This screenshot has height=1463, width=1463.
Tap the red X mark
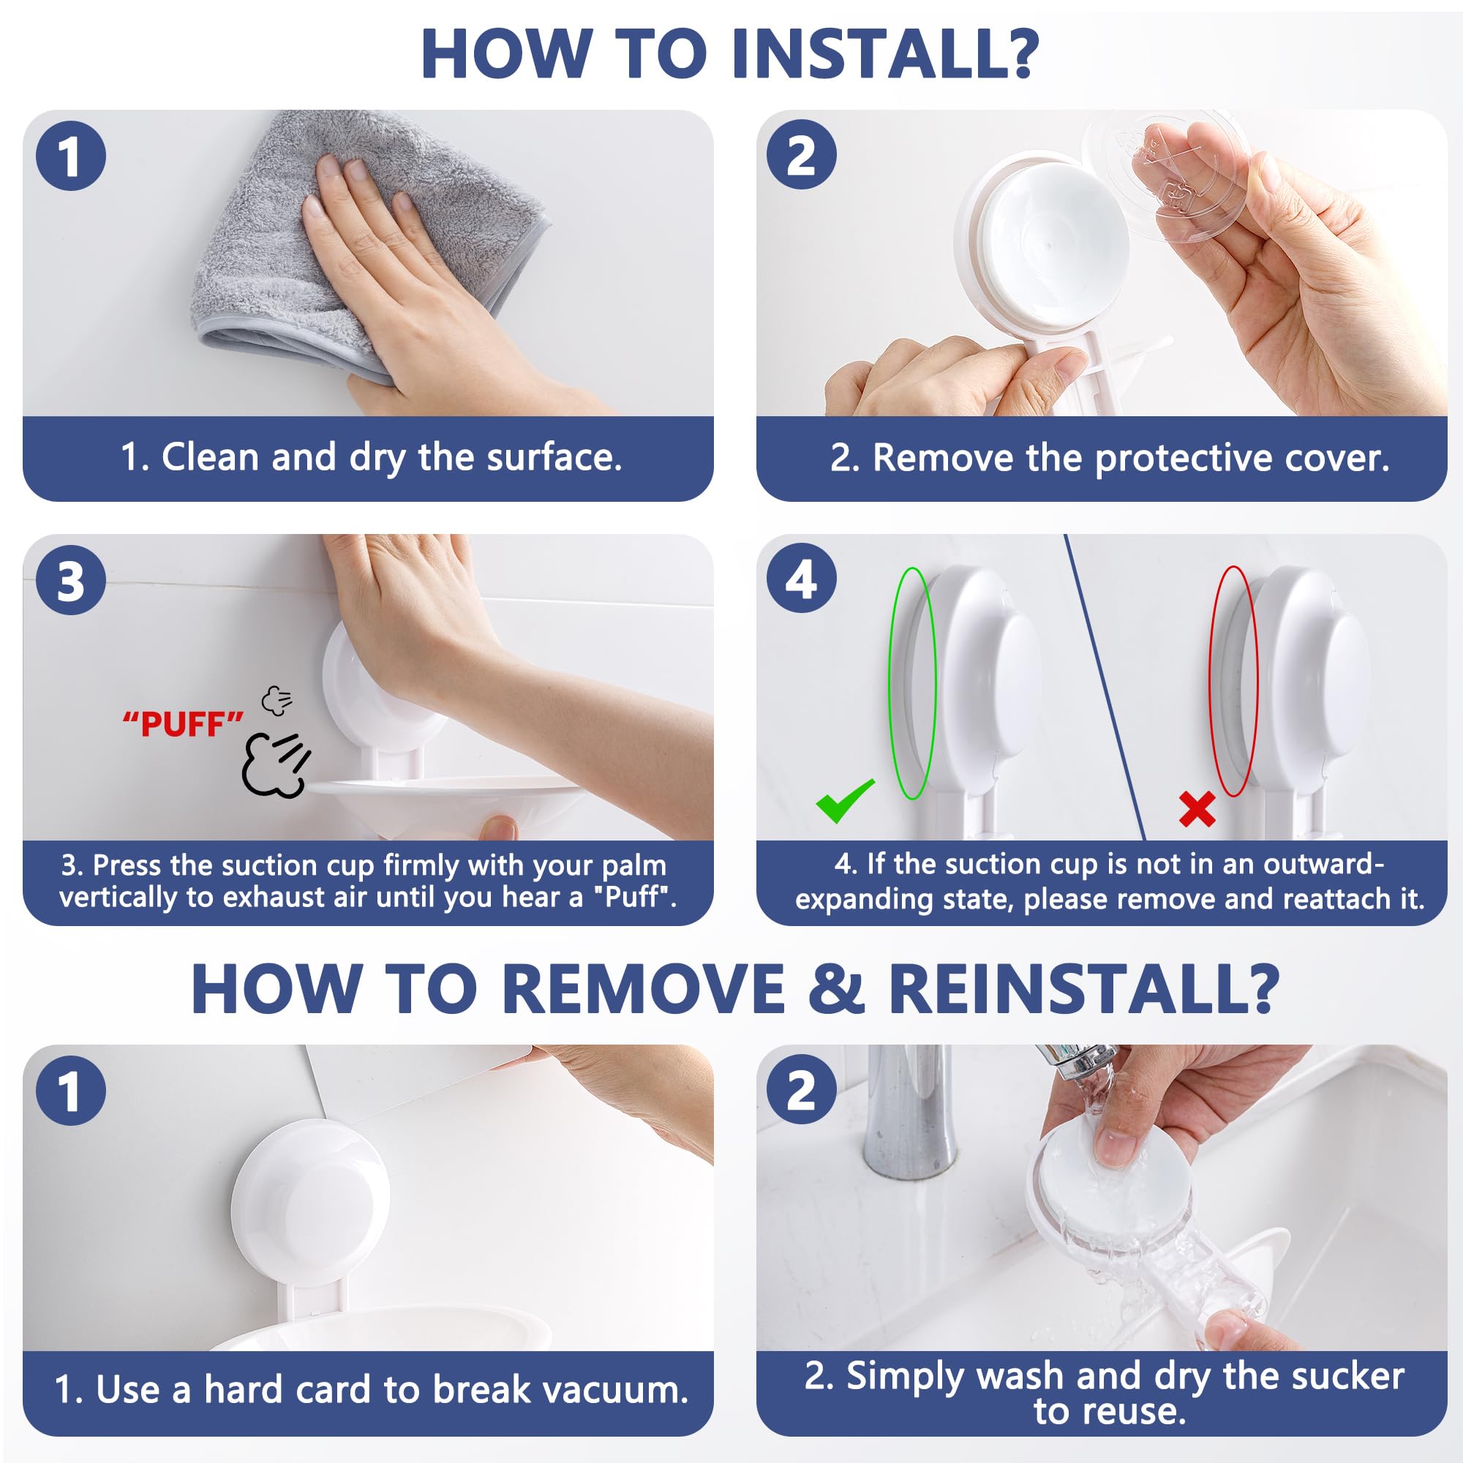[1197, 808]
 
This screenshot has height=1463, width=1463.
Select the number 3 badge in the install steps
[70, 580]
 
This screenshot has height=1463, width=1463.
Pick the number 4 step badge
[801, 579]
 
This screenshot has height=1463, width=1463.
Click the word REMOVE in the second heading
[642, 989]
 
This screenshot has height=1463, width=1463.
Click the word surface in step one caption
[554, 457]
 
